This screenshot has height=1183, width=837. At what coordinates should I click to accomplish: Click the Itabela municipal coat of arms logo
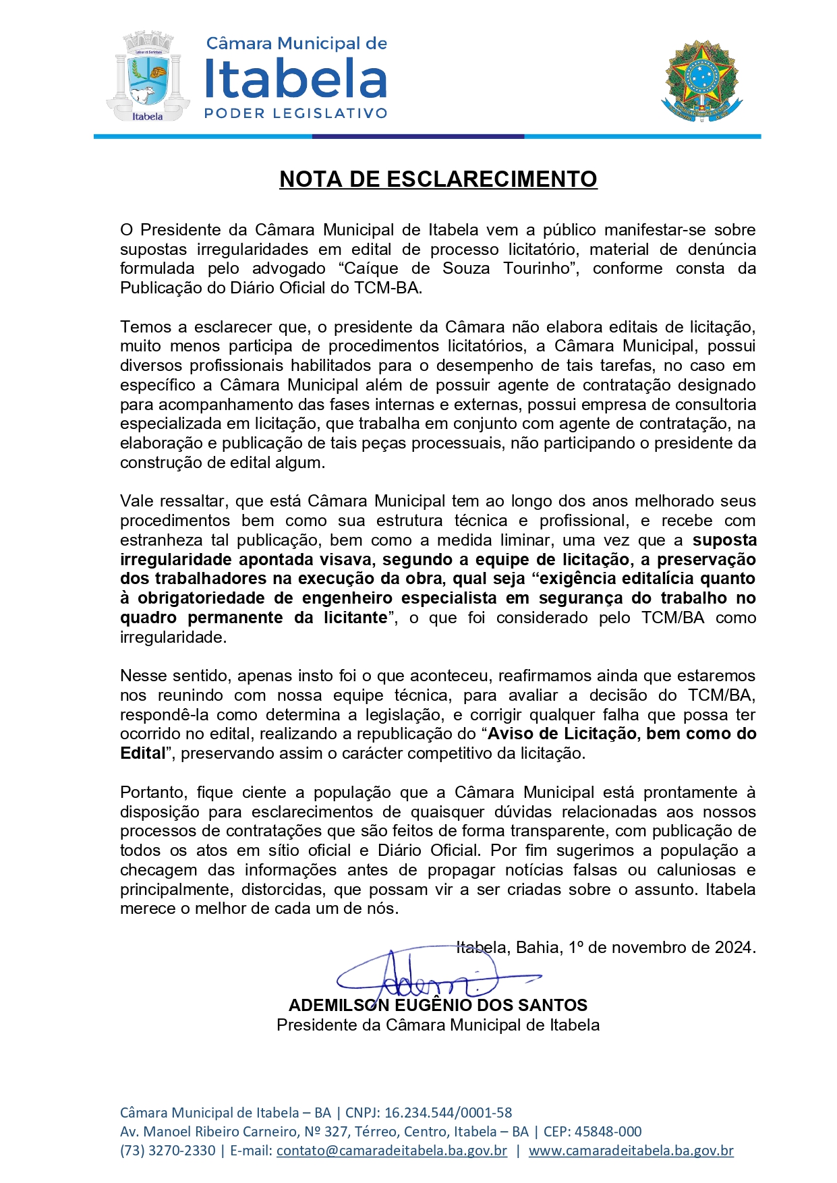pyautogui.click(x=147, y=78)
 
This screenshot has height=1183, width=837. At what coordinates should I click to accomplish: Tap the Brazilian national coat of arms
pyautogui.click(x=702, y=81)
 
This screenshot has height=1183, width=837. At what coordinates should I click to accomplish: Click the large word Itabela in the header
pyautogui.click(x=295, y=78)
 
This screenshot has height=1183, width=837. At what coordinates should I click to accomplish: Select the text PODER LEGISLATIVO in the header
pyautogui.click(x=295, y=113)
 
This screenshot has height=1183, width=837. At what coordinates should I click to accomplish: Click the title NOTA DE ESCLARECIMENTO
pyautogui.click(x=438, y=179)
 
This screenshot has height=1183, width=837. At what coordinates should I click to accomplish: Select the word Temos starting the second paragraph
pyautogui.click(x=146, y=327)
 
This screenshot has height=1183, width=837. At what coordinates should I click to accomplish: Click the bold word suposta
pyautogui.click(x=724, y=540)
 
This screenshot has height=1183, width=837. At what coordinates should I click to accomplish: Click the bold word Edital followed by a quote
pyautogui.click(x=142, y=753)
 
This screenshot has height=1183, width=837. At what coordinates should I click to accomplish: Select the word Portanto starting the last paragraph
pyautogui.click(x=153, y=792)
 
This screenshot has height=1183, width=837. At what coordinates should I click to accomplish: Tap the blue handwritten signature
pyautogui.click(x=432, y=977)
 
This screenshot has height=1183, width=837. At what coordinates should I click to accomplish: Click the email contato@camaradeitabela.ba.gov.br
pyautogui.click(x=391, y=1151)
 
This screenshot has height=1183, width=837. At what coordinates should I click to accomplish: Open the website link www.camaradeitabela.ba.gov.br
pyautogui.click(x=631, y=1151)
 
